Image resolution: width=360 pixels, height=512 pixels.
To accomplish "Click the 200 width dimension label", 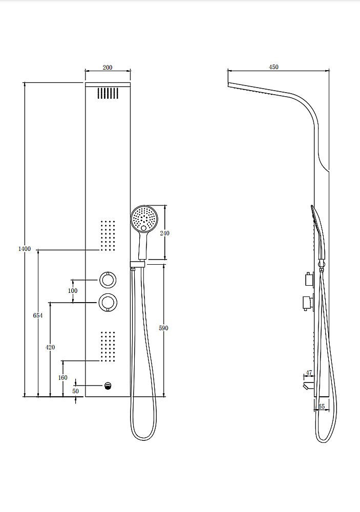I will pos(108,68).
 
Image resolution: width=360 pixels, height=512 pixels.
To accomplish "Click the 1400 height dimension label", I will pos(25,249).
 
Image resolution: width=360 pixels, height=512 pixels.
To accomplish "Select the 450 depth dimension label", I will pos(273,67).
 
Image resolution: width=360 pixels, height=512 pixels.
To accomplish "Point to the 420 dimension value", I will pos(50,347).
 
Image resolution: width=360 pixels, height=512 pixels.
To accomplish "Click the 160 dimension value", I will pos(62,378).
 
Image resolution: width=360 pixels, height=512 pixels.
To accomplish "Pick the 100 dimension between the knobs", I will pos(73,291).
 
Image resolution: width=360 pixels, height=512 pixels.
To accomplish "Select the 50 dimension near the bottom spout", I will pos(75,391).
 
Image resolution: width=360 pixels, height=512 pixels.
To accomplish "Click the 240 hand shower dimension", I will pos(164,233).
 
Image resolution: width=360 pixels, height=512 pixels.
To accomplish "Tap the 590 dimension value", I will pos(164,328).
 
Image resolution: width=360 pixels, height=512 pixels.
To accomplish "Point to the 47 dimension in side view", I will pos(309,373).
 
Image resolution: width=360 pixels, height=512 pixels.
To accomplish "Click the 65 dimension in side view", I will pos(321,407).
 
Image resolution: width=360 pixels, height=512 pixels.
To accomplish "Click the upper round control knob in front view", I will pos(108,280).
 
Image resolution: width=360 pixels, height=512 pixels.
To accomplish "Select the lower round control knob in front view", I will pos(108,303).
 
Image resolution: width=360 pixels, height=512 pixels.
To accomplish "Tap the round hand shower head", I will pos(144,219).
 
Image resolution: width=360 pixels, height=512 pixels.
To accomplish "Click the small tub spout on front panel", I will pos(108,386).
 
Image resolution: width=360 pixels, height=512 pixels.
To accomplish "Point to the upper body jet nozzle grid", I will pos(108,236).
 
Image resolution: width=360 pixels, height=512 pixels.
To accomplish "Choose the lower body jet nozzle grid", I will pos(108,346).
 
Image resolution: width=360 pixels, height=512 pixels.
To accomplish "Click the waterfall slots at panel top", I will pos(108,93).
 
